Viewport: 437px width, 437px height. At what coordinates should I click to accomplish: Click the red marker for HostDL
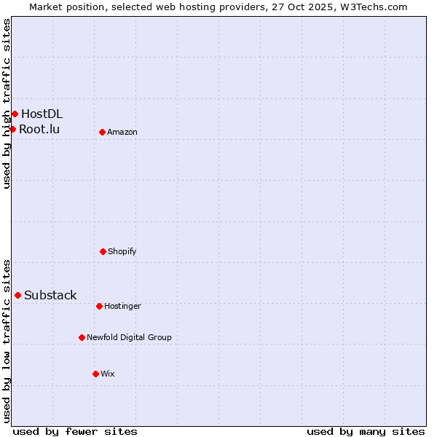15,114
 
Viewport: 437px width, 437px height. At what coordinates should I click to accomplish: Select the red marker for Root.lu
12,129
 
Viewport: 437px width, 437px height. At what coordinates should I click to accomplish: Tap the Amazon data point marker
102,132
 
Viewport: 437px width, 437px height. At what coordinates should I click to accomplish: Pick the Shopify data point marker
103,251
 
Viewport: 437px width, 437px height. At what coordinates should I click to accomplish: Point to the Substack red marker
17,295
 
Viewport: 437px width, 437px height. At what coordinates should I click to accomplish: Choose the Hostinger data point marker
99,306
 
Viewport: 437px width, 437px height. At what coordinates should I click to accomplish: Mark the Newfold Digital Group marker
82,337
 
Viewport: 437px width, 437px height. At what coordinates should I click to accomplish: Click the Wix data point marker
95,374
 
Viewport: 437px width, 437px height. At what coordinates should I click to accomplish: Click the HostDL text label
42,114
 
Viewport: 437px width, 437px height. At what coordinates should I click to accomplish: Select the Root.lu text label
39,129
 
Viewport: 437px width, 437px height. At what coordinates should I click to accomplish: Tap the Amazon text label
122,132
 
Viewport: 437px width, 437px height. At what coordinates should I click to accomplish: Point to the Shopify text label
122,251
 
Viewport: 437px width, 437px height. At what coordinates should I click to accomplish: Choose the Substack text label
50,295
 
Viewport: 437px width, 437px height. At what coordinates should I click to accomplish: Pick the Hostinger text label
122,306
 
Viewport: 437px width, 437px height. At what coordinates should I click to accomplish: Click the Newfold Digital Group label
129,337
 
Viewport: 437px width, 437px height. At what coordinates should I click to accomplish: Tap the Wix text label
108,374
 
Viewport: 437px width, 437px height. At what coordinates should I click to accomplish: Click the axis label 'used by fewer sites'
75,431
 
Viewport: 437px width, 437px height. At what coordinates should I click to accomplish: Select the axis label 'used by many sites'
366,431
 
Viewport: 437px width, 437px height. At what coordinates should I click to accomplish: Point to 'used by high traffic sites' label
7,103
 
